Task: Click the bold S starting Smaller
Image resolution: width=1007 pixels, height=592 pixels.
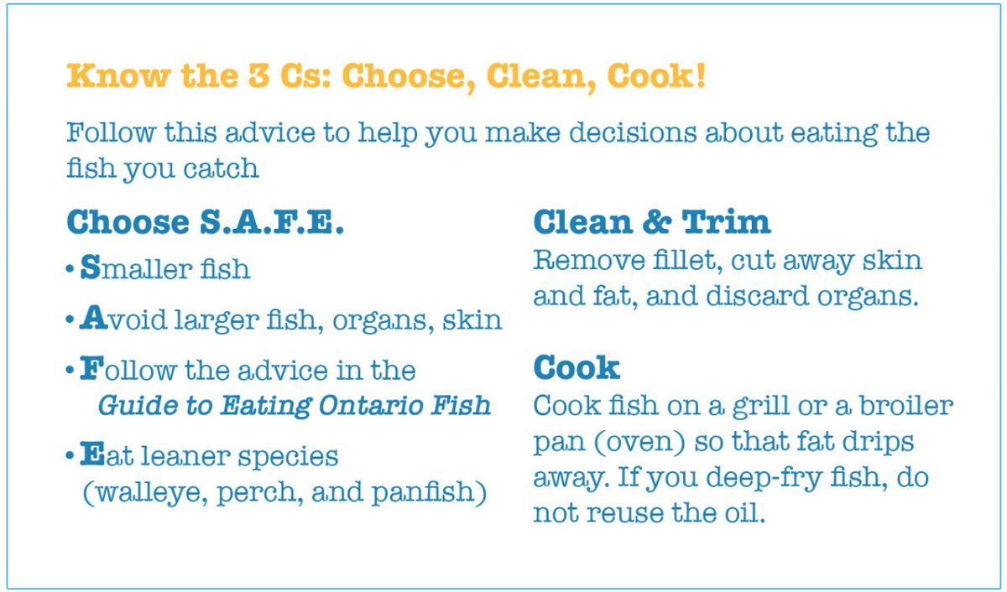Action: (x=90, y=268)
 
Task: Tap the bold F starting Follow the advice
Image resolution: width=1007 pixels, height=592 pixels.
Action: (x=89, y=370)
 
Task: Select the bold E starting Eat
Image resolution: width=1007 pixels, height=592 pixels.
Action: (x=90, y=456)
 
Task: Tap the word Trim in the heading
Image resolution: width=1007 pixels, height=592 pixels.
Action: (x=726, y=222)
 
